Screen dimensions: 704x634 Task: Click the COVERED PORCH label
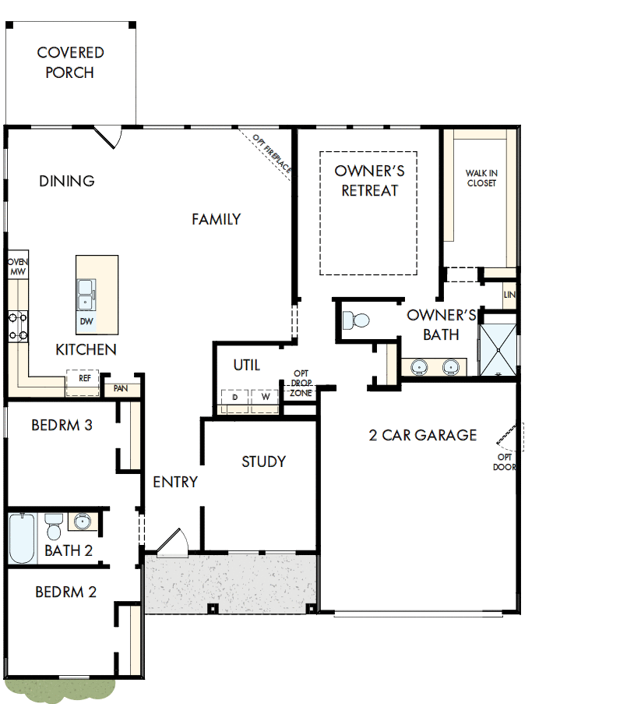click(x=70, y=63)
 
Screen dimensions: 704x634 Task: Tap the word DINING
click(x=67, y=181)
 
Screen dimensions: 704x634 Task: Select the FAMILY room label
click(x=217, y=220)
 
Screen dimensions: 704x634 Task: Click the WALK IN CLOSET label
click(x=481, y=179)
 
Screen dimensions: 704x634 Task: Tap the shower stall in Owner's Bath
click(x=497, y=348)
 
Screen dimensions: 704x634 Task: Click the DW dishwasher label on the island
click(x=86, y=321)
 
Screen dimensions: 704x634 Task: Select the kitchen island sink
click(x=86, y=294)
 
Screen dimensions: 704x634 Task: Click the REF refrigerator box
click(x=84, y=378)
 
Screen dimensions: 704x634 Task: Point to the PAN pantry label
click(x=121, y=387)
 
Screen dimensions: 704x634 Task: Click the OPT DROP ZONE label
click(x=301, y=384)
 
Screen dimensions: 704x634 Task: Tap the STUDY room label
click(x=263, y=462)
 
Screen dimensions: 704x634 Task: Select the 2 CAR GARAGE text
click(x=422, y=435)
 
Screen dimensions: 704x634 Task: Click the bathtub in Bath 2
click(x=22, y=538)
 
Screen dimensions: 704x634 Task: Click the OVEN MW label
click(x=17, y=267)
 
